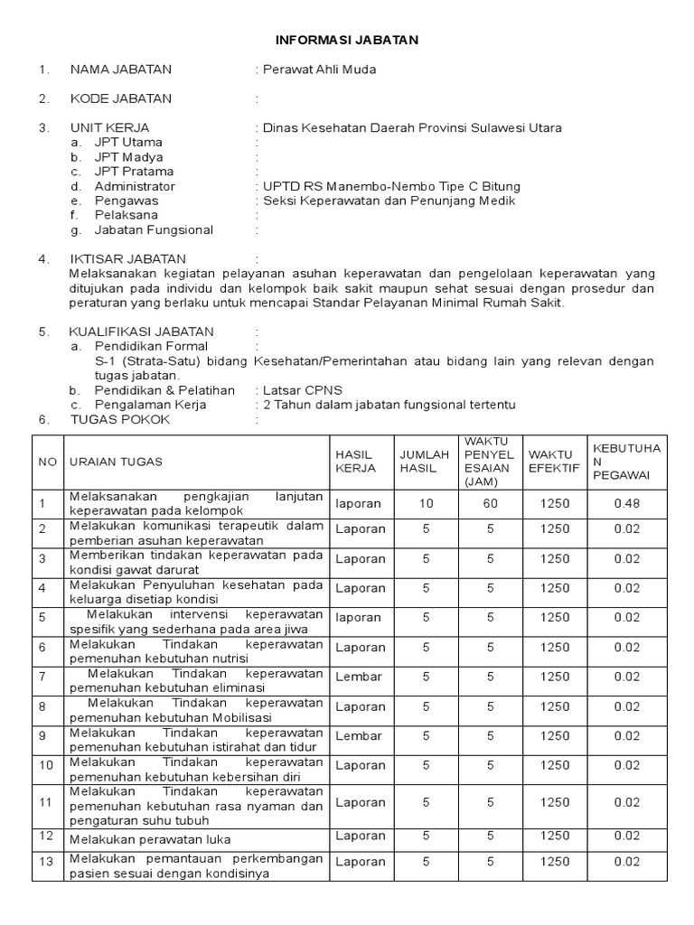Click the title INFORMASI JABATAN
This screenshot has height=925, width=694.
point(347,41)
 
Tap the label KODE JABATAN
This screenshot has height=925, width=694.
point(120,98)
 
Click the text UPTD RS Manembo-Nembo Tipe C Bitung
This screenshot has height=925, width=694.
point(390,186)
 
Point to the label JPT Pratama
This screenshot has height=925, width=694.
point(134,172)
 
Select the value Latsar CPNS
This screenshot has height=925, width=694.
point(302,390)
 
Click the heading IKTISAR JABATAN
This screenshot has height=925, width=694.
point(127,259)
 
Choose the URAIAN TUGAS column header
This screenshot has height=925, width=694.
point(116,462)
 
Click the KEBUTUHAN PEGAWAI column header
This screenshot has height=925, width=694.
point(626,462)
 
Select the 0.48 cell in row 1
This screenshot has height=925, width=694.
point(626,503)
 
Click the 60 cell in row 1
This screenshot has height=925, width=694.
point(489,503)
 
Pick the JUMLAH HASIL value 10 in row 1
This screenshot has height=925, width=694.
point(425,503)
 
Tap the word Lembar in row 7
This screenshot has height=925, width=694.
point(359,677)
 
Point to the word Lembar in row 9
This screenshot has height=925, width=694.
point(359,736)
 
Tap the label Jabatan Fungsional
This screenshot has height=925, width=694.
point(154,230)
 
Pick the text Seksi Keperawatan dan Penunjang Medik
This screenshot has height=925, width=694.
point(389,201)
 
